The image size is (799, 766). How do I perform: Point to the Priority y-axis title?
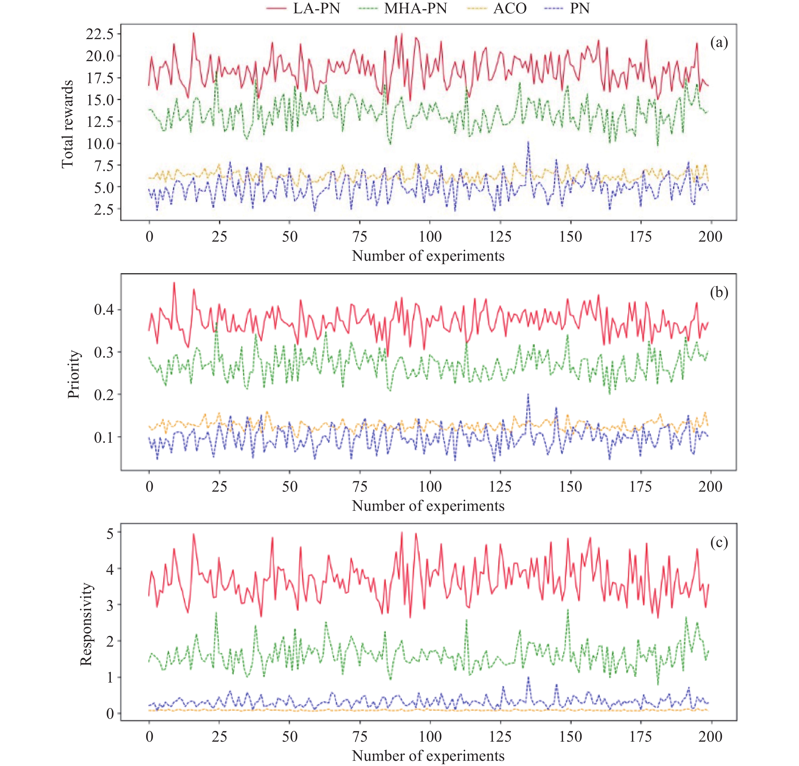74,374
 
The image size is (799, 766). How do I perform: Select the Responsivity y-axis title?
86,624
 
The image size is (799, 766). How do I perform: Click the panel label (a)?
719,42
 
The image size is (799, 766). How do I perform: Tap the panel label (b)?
719,293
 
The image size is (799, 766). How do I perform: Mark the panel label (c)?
719,543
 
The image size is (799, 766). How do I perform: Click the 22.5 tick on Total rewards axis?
99,34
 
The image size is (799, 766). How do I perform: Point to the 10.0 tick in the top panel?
99,143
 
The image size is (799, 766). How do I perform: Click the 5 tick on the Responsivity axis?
110,533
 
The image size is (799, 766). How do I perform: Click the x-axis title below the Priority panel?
428,506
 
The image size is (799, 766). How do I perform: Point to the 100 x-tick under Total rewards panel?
430,237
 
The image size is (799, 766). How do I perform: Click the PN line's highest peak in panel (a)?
528,142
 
